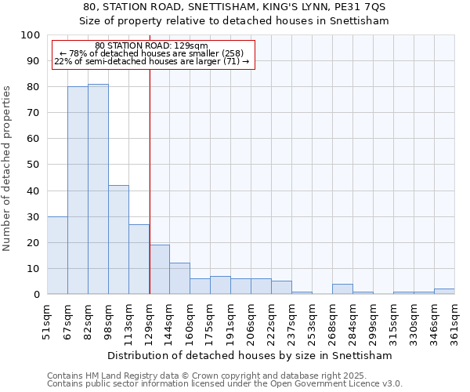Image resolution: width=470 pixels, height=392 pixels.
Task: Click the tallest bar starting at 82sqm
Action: click(x=98, y=189)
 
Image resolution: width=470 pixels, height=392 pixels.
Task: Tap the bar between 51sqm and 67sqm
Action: click(x=57, y=255)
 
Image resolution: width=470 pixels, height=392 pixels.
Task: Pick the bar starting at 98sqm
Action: click(x=118, y=240)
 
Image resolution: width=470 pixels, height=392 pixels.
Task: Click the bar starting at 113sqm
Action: click(x=139, y=260)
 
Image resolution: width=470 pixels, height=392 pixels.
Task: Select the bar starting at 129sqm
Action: click(x=159, y=270)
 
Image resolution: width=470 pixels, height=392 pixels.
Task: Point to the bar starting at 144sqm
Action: click(x=179, y=278)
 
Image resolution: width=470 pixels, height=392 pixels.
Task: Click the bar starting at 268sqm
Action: click(x=342, y=289)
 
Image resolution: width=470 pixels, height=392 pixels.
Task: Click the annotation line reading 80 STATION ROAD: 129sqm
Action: click(x=151, y=46)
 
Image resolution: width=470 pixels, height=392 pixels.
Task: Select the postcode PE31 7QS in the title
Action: click(x=365, y=6)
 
